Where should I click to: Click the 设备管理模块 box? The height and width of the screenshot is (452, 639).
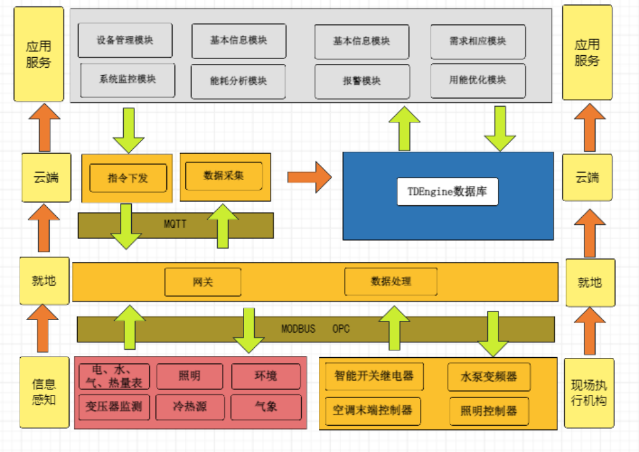pyautogui.click(x=124, y=40)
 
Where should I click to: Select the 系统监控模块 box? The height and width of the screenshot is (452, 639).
pyautogui.click(x=127, y=80)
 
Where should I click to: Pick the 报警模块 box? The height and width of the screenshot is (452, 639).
pyautogui.click(x=362, y=81)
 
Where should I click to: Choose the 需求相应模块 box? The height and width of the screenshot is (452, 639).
pyautogui.click(x=478, y=41)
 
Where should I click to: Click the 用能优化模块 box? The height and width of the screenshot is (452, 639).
pyautogui.click(x=478, y=80)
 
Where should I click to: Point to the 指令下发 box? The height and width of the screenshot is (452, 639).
pyautogui.click(x=128, y=178)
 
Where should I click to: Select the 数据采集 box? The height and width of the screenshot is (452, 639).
pyautogui.click(x=223, y=176)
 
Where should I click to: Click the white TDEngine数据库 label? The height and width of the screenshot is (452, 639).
pyautogui.click(x=448, y=191)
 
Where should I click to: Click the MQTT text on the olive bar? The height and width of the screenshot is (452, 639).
pyautogui.click(x=175, y=223)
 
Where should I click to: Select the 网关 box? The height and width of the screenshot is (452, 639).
pyautogui.click(x=203, y=282)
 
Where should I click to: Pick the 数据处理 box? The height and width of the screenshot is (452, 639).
pyautogui.click(x=390, y=281)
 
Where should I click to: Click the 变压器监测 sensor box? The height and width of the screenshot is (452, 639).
pyautogui.click(x=114, y=407)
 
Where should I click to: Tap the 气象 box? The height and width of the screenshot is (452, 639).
pyautogui.click(x=266, y=407)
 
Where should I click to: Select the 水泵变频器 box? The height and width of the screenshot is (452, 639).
pyautogui.click(x=488, y=377)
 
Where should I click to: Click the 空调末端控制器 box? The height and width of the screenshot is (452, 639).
pyautogui.click(x=372, y=411)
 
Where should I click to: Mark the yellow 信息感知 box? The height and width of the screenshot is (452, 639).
pyautogui.click(x=43, y=392)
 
